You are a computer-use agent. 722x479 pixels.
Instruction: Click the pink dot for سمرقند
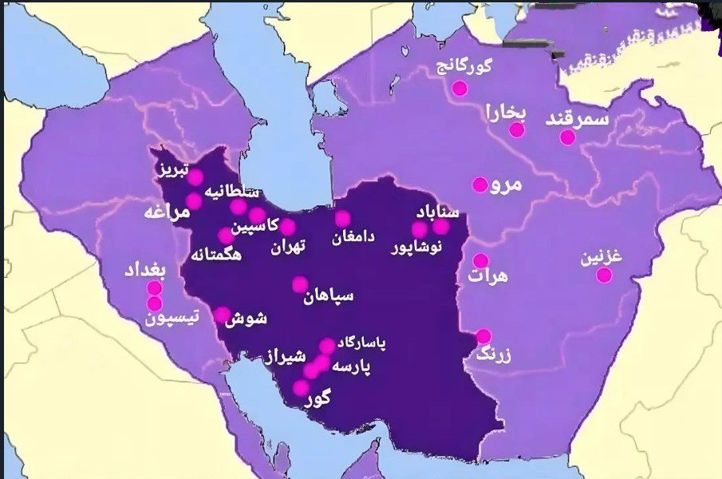[x=567, y=137]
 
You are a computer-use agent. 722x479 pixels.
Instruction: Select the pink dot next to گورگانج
[x=460, y=88]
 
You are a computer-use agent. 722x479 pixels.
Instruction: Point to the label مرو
[x=507, y=184]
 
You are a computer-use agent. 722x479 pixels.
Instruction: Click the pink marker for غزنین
[x=604, y=275]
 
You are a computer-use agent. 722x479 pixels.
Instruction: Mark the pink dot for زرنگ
[x=483, y=336]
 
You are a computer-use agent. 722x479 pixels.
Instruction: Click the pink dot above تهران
[x=287, y=227]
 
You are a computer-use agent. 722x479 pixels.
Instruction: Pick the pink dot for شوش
[x=222, y=315]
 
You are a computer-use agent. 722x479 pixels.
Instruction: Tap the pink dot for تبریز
[x=195, y=177]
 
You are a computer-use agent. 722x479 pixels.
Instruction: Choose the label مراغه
[x=167, y=213]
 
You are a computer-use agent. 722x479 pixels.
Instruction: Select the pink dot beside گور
[x=301, y=388]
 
